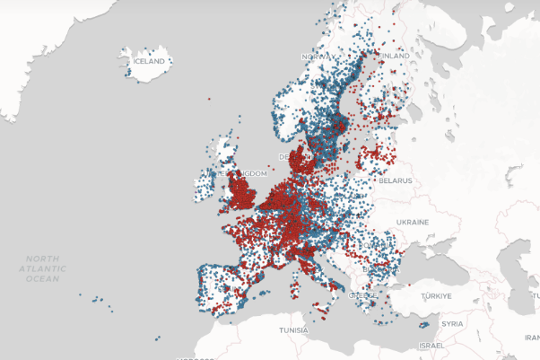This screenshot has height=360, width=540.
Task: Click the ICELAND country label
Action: tap(148, 61)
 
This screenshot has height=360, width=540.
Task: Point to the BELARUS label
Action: tap(394, 180)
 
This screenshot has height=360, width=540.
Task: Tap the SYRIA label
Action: tap(452, 323)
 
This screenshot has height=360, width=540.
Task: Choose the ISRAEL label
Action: tap(431, 346)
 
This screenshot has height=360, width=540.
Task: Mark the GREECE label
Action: tap(362, 294)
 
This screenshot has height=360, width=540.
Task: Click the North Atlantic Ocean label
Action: tap(43, 268)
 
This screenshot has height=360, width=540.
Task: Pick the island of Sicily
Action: tap(320, 306)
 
